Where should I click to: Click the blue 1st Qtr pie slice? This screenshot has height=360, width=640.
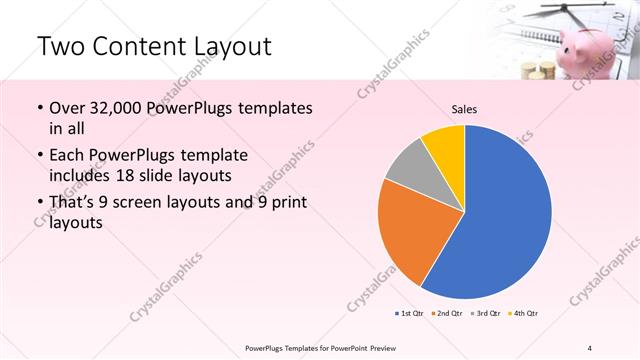click(x=505, y=220)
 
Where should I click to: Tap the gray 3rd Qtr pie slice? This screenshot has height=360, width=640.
click(x=409, y=172)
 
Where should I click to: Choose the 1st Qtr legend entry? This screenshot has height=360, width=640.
click(x=410, y=314)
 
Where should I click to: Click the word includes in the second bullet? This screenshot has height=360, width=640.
click(x=81, y=176)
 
